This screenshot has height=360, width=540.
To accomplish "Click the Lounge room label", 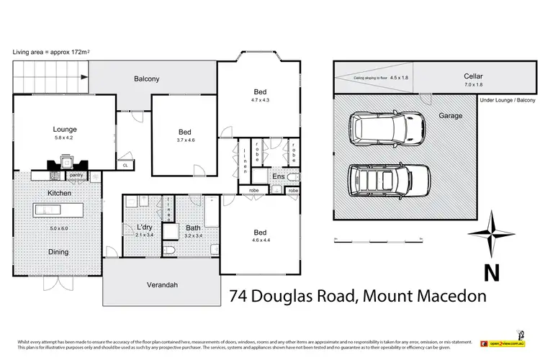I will click(x=65, y=130).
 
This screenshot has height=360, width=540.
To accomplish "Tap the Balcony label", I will click(x=147, y=78).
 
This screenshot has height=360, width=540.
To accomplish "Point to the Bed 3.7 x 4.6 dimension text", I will click(x=185, y=141).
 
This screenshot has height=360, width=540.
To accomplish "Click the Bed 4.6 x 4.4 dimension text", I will click(x=260, y=240).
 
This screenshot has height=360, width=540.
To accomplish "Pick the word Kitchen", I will click(x=58, y=194).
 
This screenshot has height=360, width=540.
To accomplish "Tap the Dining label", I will click(x=58, y=252).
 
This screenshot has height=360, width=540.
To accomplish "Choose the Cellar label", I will click(x=473, y=76).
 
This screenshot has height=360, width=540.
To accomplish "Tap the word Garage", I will click(x=451, y=115).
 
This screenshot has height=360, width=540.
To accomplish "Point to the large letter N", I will click(x=491, y=273).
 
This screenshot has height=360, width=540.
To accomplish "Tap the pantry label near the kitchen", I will click(x=77, y=174).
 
